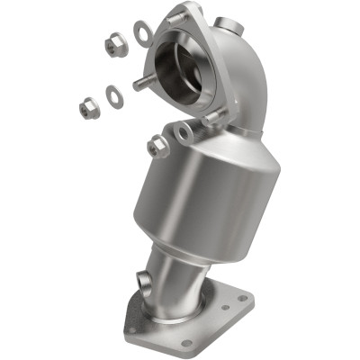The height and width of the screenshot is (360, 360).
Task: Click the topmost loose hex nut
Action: coord(115,45)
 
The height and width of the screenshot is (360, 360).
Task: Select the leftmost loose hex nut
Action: coord(89,108)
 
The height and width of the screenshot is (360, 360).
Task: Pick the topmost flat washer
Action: coord(142,34)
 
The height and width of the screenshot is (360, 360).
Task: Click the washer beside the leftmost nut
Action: coord(115,95)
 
